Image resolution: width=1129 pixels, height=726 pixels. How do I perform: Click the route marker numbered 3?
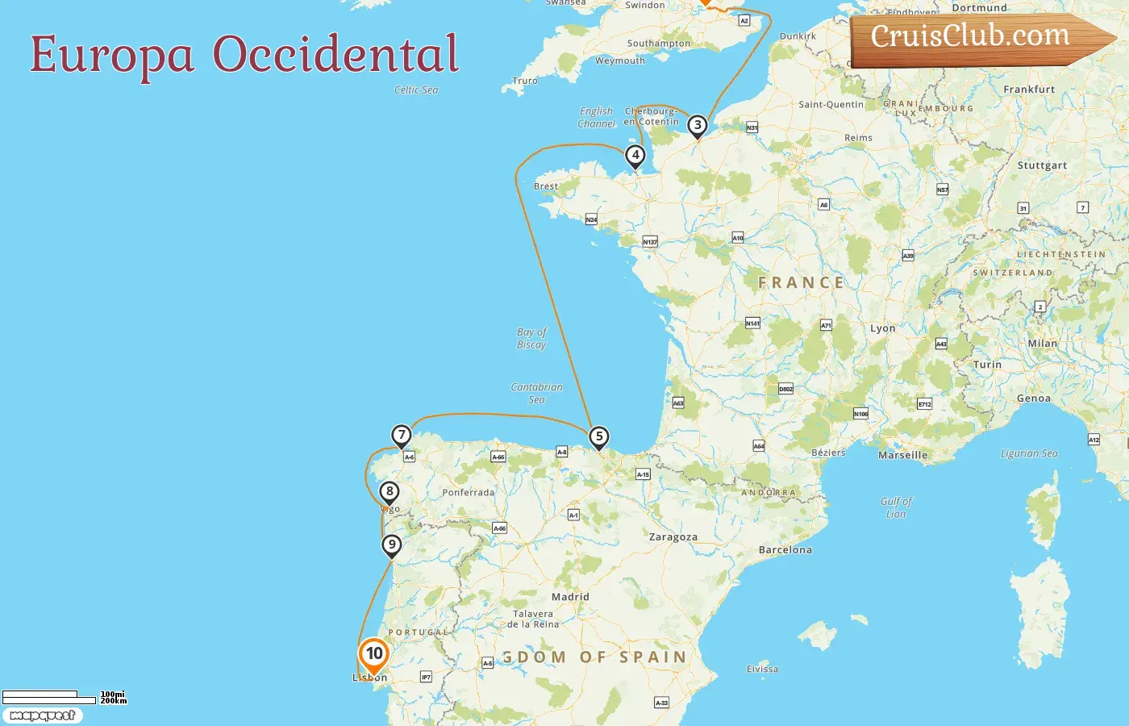tap(698, 126)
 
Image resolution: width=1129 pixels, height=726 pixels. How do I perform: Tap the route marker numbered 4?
tap(635, 156)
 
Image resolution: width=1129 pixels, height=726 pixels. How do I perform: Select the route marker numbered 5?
tap(598, 437)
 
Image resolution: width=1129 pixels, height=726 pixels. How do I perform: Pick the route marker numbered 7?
tap(402, 436)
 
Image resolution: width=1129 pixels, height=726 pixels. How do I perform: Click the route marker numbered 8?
tap(390, 491)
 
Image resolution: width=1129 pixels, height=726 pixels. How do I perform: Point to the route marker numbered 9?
tap(392, 544)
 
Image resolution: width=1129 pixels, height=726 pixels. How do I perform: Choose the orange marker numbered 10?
tap(374, 654)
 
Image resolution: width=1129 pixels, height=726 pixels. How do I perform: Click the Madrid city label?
tap(570, 597)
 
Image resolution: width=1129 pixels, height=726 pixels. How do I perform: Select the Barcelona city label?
tap(785, 550)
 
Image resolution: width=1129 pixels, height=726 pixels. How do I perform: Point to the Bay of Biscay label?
tap(531, 338)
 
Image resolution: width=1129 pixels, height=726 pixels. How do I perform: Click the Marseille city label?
tap(902, 455)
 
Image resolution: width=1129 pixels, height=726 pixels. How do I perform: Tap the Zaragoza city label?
tap(673, 537)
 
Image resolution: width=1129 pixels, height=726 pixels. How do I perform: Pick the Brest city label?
tap(546, 186)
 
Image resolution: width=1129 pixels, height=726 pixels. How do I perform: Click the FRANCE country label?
tap(801, 282)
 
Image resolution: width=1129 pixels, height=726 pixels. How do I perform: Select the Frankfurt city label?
tap(1029, 90)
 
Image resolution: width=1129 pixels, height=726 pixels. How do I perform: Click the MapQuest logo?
tap(43, 716)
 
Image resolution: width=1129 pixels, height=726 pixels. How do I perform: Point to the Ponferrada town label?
tap(468, 493)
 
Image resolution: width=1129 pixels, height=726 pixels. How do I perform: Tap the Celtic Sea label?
tap(416, 90)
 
